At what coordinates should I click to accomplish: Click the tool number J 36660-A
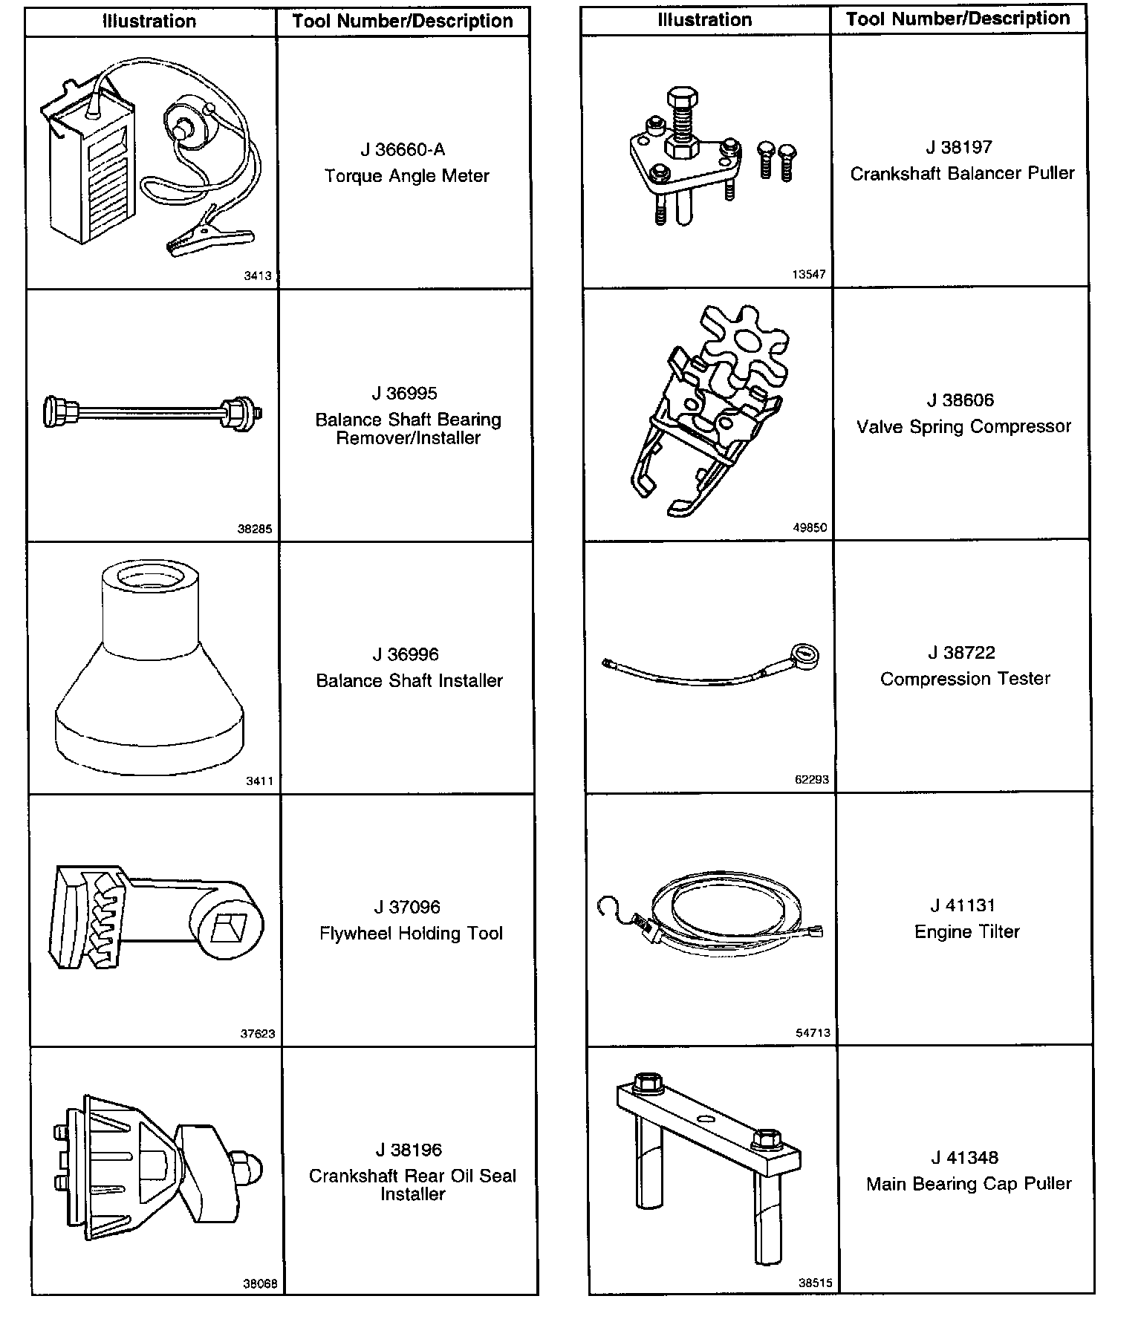click(x=403, y=150)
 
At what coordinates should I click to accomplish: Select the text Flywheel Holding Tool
click(x=411, y=934)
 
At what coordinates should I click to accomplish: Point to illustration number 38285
click(x=255, y=530)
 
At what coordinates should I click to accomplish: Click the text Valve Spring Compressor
click(x=963, y=427)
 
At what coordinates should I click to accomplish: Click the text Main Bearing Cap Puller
click(x=969, y=1184)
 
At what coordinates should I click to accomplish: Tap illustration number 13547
click(x=808, y=274)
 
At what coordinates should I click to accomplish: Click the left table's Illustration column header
click(x=149, y=22)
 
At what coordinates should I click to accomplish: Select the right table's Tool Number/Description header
click(x=958, y=19)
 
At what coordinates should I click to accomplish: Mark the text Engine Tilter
click(x=966, y=931)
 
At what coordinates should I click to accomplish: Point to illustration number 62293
click(x=811, y=780)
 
